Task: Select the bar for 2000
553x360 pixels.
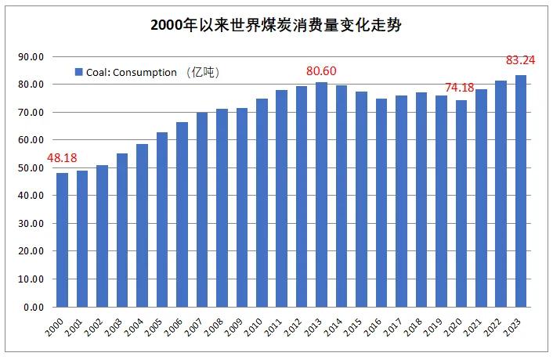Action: click(62, 239)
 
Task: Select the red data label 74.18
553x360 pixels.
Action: click(461, 87)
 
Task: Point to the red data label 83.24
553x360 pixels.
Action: click(520, 60)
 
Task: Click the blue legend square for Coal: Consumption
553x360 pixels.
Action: click(78, 72)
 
